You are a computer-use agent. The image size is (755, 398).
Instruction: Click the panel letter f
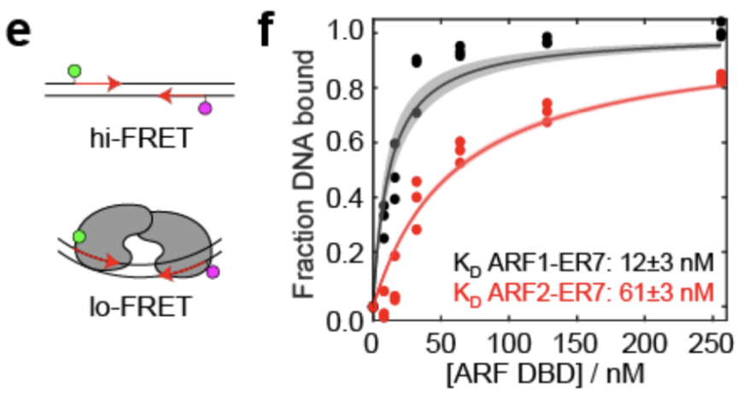268,32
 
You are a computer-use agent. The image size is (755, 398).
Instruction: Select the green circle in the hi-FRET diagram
74,72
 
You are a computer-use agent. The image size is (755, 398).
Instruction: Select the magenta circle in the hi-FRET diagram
205,108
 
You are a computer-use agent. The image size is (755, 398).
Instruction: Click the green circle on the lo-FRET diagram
79,236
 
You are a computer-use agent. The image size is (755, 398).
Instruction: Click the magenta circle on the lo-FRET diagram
213,272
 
